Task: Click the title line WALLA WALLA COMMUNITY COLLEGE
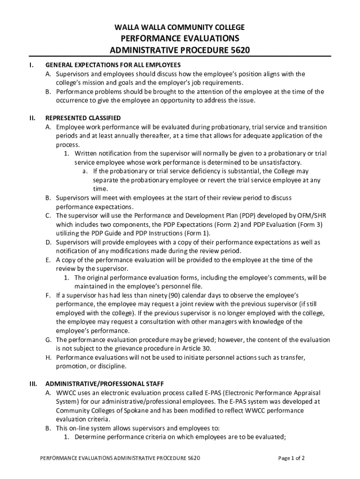point(180,28)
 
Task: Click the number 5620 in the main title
point(233,50)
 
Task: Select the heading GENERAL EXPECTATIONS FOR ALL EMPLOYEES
point(113,65)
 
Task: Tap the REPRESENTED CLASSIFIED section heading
point(83,118)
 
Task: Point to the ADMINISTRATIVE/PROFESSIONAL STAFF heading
point(104,384)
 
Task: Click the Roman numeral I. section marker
point(30,65)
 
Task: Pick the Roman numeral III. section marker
point(33,384)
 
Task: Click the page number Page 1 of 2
point(291,458)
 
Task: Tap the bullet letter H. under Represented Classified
point(49,357)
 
